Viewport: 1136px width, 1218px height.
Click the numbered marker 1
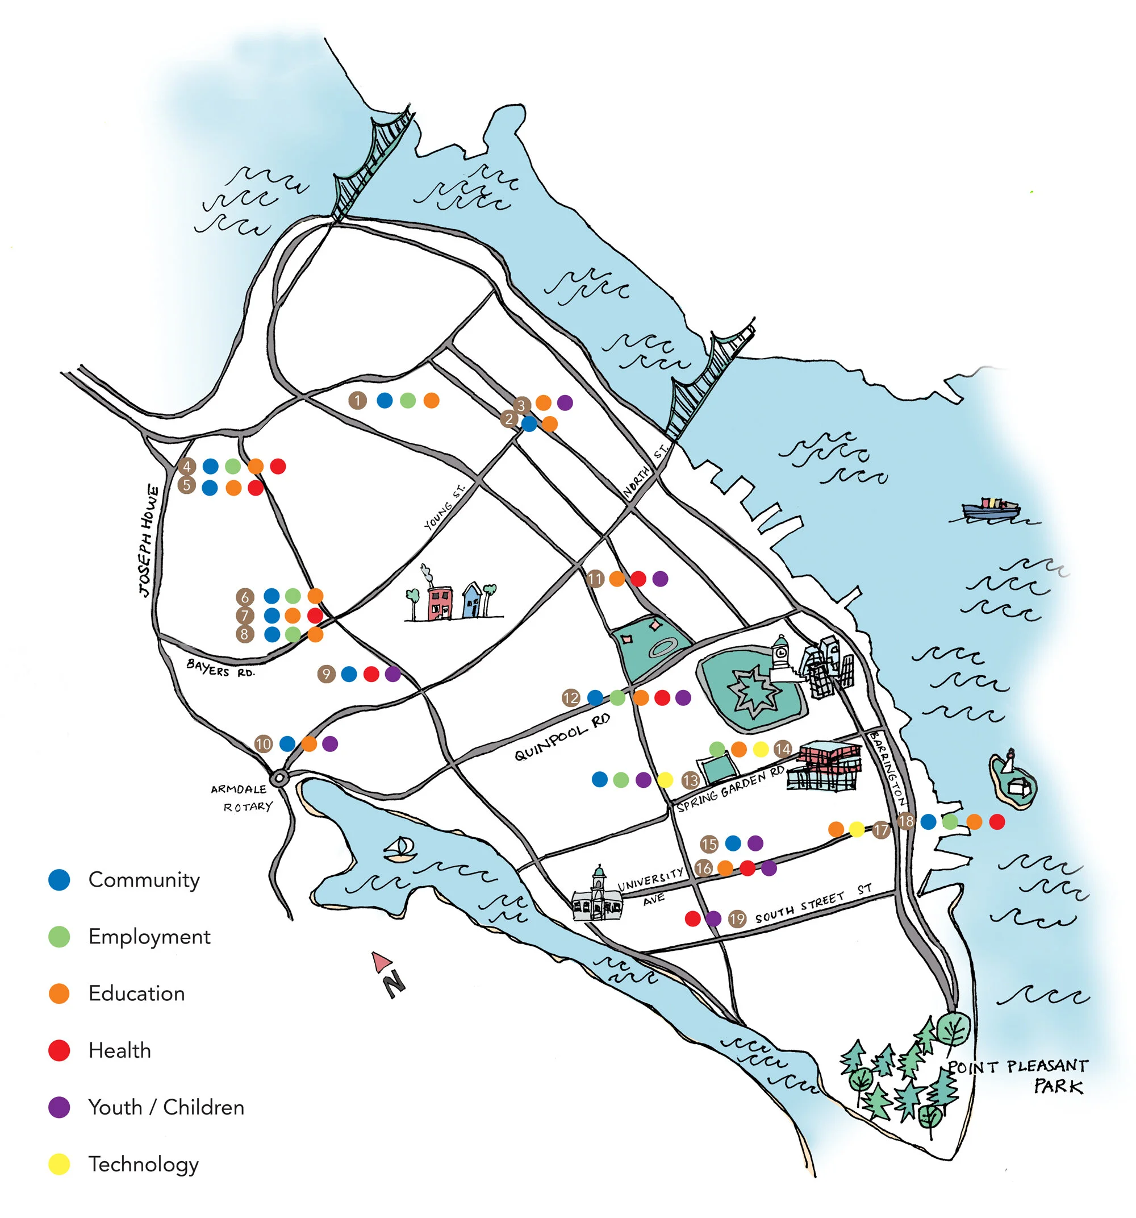358,401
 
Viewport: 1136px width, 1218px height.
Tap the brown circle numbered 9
327,675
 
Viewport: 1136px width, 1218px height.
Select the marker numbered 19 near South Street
737,918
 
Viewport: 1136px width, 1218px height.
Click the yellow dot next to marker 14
761,749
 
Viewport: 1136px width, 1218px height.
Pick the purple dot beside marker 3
565,402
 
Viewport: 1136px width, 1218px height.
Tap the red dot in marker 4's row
277,466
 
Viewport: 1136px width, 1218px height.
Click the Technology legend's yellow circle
60,1164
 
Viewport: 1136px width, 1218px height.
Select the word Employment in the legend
149,937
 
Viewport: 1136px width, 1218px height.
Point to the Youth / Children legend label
166,1107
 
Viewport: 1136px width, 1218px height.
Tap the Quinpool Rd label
562,738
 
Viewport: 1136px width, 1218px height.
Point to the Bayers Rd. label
220,668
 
